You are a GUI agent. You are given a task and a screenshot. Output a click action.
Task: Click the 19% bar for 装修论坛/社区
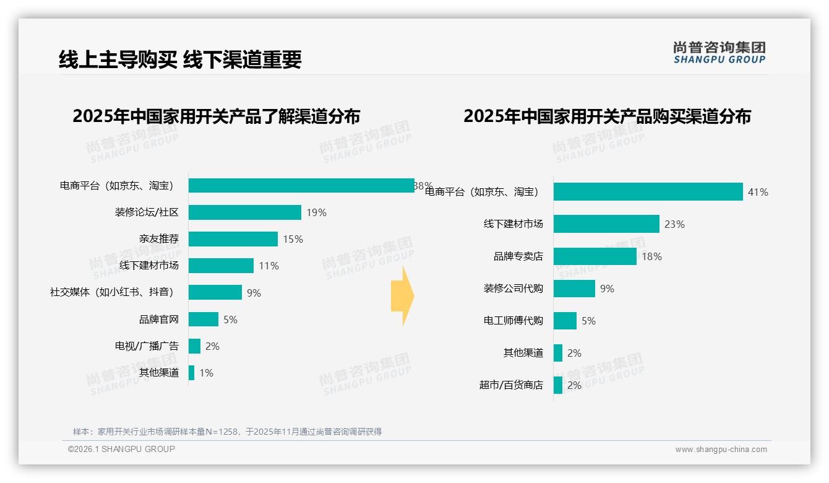tap(244, 212)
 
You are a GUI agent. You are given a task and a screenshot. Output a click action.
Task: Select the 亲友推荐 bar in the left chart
tap(233, 239)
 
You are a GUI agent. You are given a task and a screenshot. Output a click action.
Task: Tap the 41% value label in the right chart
tap(757, 192)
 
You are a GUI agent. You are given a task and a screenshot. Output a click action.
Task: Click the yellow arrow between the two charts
tap(402, 296)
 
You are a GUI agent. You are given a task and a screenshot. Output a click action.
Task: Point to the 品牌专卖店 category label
tap(518, 256)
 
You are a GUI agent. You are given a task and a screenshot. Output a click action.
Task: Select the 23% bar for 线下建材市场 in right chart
tap(606, 224)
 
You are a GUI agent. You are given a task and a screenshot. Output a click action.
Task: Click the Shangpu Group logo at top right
tap(719, 53)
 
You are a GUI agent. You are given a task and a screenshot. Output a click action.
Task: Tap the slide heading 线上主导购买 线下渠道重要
tap(180, 59)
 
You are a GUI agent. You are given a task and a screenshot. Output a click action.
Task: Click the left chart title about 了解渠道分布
tap(216, 116)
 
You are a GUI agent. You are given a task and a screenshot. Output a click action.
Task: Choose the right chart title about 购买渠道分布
tap(607, 116)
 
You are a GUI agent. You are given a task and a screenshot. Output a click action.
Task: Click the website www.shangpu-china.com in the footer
tap(721, 450)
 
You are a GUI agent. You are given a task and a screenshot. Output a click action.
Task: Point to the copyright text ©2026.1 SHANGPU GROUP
tap(121, 449)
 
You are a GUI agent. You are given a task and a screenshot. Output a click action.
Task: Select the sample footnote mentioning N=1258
tap(227, 432)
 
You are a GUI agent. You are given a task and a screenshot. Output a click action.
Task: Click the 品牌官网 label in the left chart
tap(158, 320)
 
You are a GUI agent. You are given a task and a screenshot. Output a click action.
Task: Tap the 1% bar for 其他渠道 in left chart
tap(191, 373)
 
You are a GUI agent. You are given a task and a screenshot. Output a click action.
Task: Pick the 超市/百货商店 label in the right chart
tap(510, 385)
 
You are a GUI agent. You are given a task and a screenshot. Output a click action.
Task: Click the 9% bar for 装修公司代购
tap(573, 289)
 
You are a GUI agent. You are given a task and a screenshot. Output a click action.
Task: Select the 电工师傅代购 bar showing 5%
tap(564, 321)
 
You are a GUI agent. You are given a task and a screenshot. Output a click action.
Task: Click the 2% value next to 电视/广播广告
tap(212, 346)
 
